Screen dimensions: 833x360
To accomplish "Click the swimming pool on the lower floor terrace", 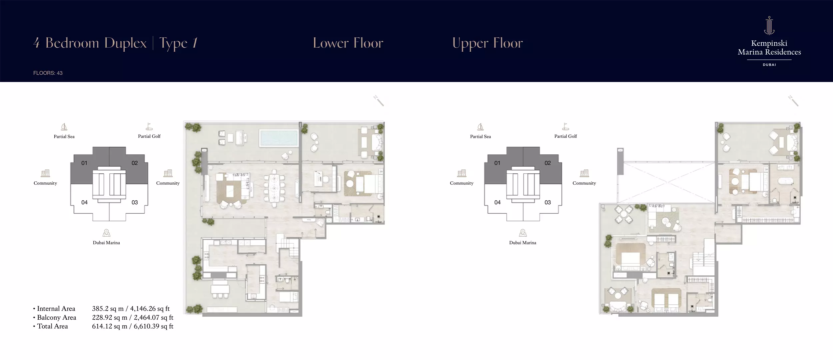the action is click(x=279, y=138).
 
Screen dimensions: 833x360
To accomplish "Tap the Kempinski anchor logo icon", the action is click(x=769, y=26).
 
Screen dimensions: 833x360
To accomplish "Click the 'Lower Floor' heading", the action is click(x=348, y=43).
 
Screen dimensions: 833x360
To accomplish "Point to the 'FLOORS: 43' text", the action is click(x=48, y=73).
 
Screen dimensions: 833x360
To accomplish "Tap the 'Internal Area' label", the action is click(x=56, y=309).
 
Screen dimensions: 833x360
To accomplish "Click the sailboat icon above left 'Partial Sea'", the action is click(x=64, y=127).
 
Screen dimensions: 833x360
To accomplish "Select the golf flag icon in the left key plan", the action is click(x=149, y=127).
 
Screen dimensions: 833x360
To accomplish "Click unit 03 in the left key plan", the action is click(x=135, y=202).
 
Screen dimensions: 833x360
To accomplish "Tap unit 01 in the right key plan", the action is click(x=497, y=163).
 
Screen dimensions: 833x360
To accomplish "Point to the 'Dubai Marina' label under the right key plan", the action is click(x=522, y=243).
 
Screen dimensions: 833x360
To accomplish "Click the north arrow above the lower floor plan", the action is click(x=379, y=101).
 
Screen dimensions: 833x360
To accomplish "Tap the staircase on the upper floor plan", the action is click(x=704, y=258).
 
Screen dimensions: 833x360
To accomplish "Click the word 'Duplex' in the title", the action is click(x=125, y=43).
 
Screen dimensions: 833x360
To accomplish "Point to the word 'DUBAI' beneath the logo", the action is click(x=769, y=65).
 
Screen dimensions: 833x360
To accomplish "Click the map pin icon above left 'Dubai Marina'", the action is click(x=106, y=233).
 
